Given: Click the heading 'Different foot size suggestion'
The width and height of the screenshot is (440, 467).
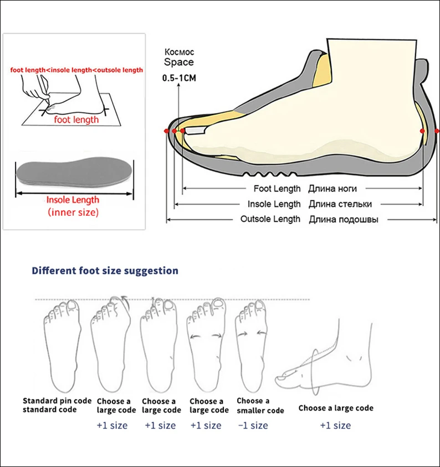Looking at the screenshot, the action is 105,271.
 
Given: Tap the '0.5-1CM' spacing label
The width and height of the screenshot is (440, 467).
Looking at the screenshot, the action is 179,78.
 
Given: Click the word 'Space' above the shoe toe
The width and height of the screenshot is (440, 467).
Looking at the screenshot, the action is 178,63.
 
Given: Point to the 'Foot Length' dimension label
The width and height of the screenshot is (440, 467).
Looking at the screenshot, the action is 277,189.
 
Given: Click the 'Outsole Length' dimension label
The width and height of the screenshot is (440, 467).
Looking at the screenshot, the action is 270,219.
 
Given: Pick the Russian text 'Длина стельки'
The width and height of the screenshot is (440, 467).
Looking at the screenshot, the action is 340,204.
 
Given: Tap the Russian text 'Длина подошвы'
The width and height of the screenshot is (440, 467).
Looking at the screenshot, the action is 344,219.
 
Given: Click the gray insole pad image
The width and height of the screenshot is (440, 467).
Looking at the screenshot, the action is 74,174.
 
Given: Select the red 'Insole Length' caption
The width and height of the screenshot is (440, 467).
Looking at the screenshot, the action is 73,200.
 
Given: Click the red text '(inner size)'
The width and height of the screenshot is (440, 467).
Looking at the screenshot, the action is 73,212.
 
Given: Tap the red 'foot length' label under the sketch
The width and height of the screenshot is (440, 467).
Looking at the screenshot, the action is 76,120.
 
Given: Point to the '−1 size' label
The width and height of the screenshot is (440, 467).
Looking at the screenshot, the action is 252,426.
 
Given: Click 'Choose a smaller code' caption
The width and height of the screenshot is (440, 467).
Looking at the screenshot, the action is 260,406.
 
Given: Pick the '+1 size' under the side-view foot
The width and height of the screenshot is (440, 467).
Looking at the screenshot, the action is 335,426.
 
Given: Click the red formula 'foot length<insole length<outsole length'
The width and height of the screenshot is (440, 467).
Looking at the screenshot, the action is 76,70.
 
